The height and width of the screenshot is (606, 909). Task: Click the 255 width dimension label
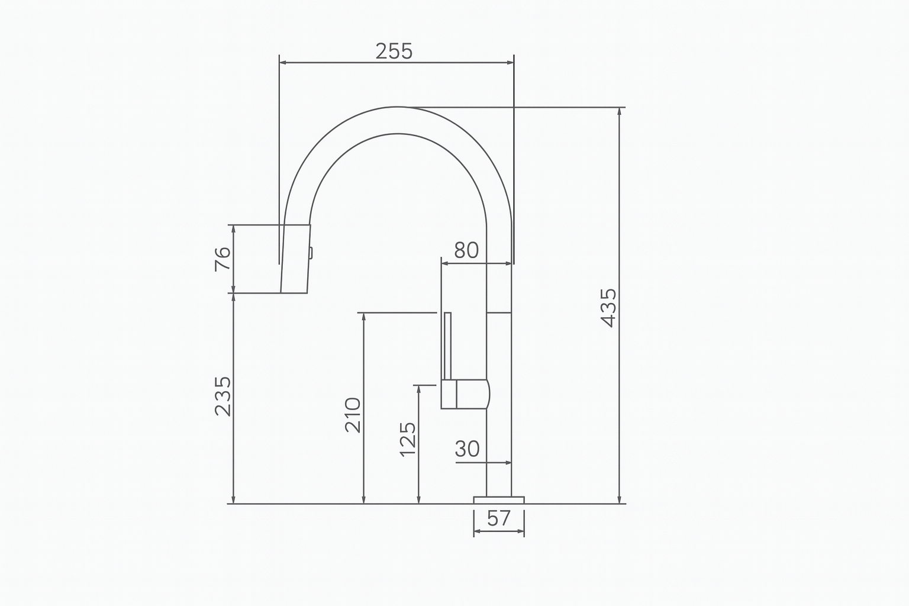(x=394, y=51)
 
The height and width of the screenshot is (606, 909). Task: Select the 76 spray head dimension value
(x=222, y=259)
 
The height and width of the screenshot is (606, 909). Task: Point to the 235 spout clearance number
(x=223, y=396)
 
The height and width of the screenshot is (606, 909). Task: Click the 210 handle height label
(x=353, y=415)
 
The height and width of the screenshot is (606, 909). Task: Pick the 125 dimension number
(x=408, y=439)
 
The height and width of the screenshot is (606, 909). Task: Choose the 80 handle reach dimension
(x=466, y=251)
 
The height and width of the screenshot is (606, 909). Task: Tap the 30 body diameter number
(x=467, y=450)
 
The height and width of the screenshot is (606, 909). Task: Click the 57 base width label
(x=499, y=518)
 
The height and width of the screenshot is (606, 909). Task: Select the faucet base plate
(x=499, y=500)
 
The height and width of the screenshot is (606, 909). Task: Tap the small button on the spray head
(x=310, y=253)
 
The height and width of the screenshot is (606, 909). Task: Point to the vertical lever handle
(x=447, y=346)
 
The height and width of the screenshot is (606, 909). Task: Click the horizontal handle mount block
(x=466, y=394)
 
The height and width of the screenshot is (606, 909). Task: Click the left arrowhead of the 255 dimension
(x=283, y=62)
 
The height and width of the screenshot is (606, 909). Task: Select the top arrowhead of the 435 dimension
(x=620, y=112)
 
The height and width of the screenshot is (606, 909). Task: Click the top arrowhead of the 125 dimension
(x=419, y=389)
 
